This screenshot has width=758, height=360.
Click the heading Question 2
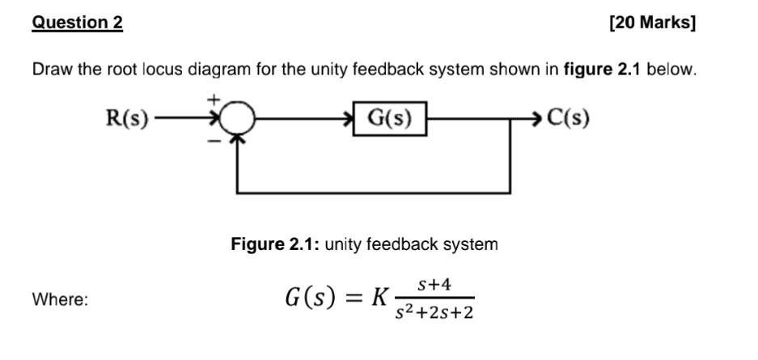[78, 23]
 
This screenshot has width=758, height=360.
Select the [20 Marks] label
[651, 23]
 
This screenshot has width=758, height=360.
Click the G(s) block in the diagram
[390, 119]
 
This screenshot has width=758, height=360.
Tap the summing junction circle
[236, 120]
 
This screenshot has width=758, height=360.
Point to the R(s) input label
[127, 119]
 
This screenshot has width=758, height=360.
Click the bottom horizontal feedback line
[372, 193]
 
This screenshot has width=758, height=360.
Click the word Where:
[61, 299]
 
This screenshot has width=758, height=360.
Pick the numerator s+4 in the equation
[434, 285]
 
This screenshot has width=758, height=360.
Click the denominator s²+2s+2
[434, 312]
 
